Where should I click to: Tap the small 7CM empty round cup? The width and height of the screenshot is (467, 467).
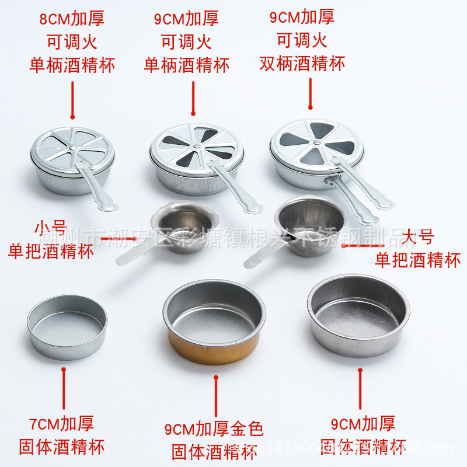tap(67, 326)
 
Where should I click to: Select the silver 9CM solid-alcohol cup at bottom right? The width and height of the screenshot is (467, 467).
tap(358, 315)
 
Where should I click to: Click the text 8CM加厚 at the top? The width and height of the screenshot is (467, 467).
tap(72, 19)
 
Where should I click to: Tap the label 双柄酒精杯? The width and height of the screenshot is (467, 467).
tap(302, 63)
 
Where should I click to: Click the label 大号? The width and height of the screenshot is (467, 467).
tap(418, 237)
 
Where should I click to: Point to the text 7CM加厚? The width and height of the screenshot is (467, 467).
tap(61, 423)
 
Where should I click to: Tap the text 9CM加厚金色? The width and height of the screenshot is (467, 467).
tap(214, 429)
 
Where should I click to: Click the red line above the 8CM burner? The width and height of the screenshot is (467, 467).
tap(72, 100)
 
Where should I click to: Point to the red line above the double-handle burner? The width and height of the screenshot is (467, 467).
tap(311, 92)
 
